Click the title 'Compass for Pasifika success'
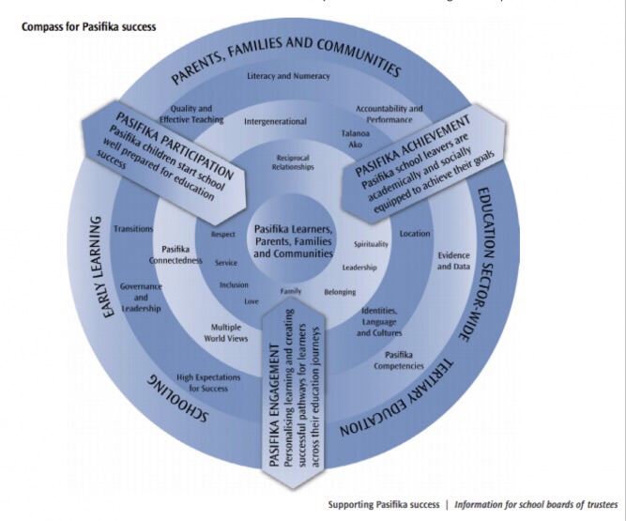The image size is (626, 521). tap(88, 26)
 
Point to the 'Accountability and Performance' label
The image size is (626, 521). tap(389, 114)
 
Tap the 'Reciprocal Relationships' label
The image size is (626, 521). tap(293, 161)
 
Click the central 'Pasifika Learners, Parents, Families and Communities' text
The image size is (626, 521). tap(293, 240)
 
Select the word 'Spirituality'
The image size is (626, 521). tap(371, 244)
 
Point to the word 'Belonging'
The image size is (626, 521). tap(340, 292)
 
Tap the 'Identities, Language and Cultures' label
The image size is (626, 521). tap(379, 322)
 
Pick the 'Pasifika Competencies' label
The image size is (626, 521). tap(405, 360)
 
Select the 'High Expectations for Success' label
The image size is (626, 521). tap(207, 382)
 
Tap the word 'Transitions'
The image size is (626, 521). tap(133, 229)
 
